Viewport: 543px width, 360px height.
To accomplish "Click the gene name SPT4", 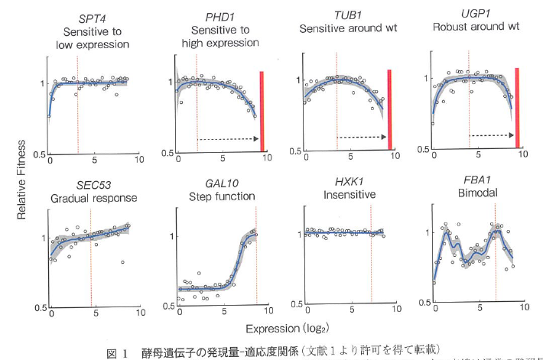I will point(91,17).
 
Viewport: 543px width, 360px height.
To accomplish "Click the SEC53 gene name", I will point(95,185).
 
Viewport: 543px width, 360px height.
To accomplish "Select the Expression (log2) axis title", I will point(281,328).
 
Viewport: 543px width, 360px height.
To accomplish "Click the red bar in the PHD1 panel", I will point(262,112).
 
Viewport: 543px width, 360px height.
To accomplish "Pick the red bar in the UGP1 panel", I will point(517,107).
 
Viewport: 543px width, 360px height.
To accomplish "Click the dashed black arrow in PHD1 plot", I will point(227,139).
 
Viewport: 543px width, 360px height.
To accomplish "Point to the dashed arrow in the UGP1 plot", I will point(491,135).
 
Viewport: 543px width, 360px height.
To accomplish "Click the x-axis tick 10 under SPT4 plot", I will point(138,161).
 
